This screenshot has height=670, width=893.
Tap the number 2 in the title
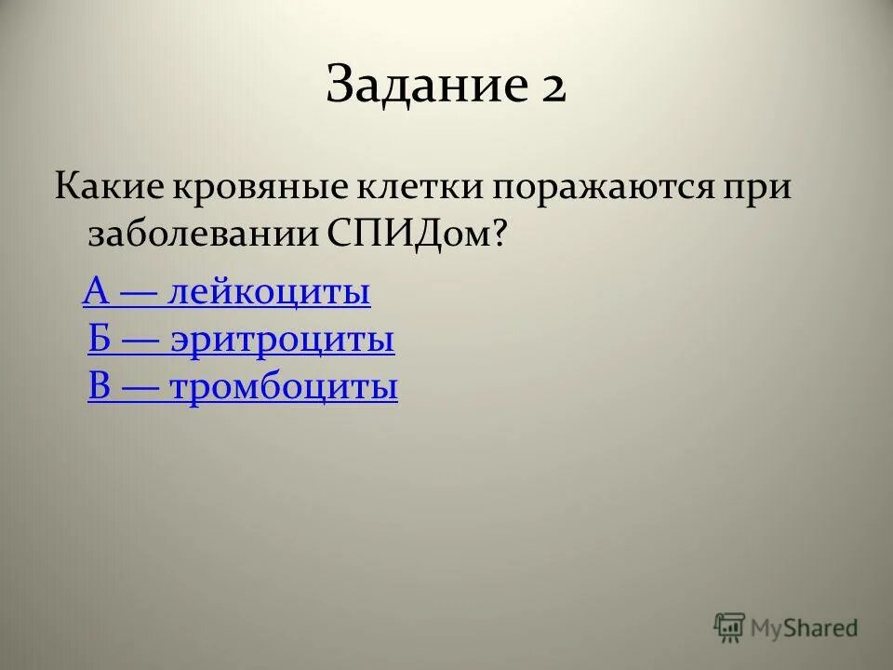pyautogui.click(x=550, y=87)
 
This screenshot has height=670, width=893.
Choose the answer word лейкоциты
pyautogui.click(x=270, y=292)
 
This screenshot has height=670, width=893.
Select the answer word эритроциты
pyautogui.click(x=283, y=340)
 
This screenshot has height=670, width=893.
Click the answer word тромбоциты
pyautogui.click(x=285, y=386)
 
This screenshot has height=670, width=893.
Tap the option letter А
pyautogui.click(x=97, y=292)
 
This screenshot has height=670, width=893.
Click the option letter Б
pyautogui.click(x=100, y=340)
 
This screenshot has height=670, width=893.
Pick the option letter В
pyautogui.click(x=100, y=386)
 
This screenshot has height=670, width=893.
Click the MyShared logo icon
pyautogui.click(x=729, y=627)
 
